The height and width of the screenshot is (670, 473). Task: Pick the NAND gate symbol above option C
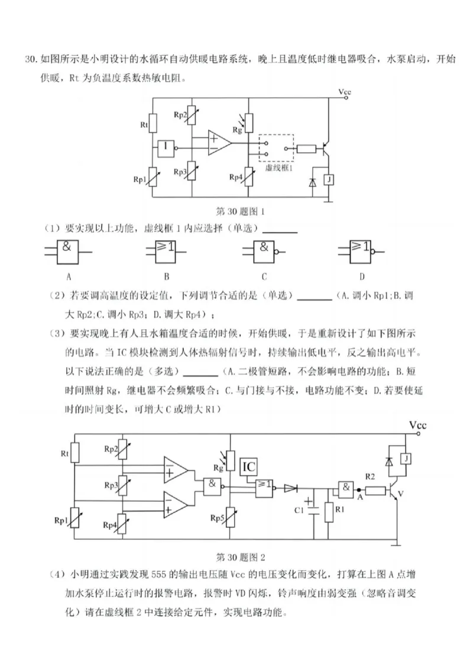pyautogui.click(x=264, y=252)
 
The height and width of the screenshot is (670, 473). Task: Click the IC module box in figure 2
pyautogui.click(x=249, y=466)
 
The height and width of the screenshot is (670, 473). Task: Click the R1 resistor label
pyautogui.click(x=339, y=509)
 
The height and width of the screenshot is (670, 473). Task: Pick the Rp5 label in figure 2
pyautogui.click(x=217, y=517)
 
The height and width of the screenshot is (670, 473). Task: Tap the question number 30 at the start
pyautogui.click(x=31, y=60)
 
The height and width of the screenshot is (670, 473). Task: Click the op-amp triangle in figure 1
pyautogui.click(x=218, y=142)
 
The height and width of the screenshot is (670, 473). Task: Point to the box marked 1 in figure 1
pyautogui.click(x=167, y=146)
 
